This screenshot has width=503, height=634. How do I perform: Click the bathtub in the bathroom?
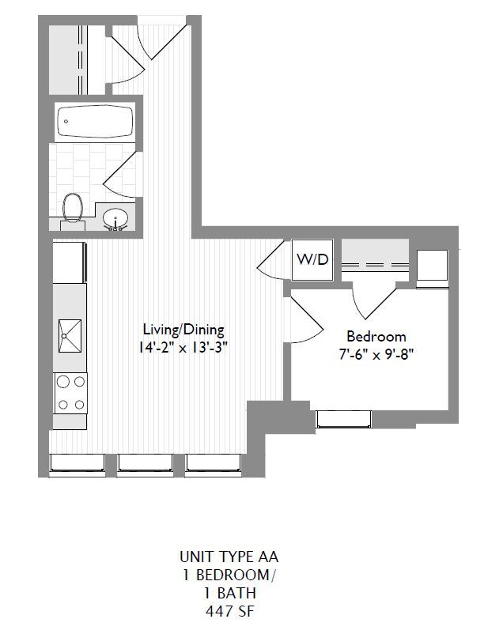tap(95, 122)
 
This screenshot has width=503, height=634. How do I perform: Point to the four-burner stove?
tap(70, 393)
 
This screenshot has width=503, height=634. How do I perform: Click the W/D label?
tap(312, 260)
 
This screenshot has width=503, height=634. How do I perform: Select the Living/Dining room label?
tap(183, 329)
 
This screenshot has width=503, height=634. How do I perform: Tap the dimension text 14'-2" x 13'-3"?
tap(183, 345)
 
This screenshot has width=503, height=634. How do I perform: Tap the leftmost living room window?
tap(78, 466)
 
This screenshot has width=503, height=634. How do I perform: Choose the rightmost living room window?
tap(214, 466)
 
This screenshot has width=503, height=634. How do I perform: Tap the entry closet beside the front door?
tap(66, 60)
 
